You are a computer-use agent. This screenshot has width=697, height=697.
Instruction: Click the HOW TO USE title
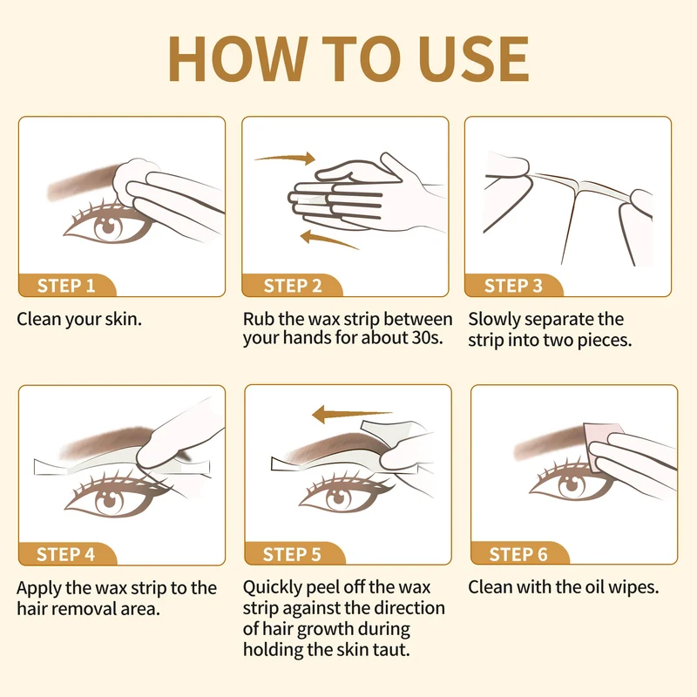click(348, 59)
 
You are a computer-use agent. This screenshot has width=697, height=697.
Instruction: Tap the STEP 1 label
click(66, 286)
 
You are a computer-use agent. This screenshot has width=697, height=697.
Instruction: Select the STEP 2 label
click(293, 286)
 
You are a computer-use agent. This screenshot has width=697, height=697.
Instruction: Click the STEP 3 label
click(513, 286)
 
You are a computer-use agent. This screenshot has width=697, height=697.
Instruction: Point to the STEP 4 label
click(66, 554)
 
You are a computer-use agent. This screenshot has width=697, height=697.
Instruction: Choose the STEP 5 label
click(292, 554)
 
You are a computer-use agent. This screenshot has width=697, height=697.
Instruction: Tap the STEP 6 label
click(518, 554)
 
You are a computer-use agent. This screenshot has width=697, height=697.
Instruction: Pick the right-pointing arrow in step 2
click(286, 158)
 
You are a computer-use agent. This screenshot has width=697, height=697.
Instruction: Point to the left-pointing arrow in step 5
click(352, 415)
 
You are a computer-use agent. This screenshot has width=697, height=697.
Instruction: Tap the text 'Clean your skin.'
click(79, 319)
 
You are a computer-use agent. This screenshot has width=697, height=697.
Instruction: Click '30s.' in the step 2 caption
click(428, 338)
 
